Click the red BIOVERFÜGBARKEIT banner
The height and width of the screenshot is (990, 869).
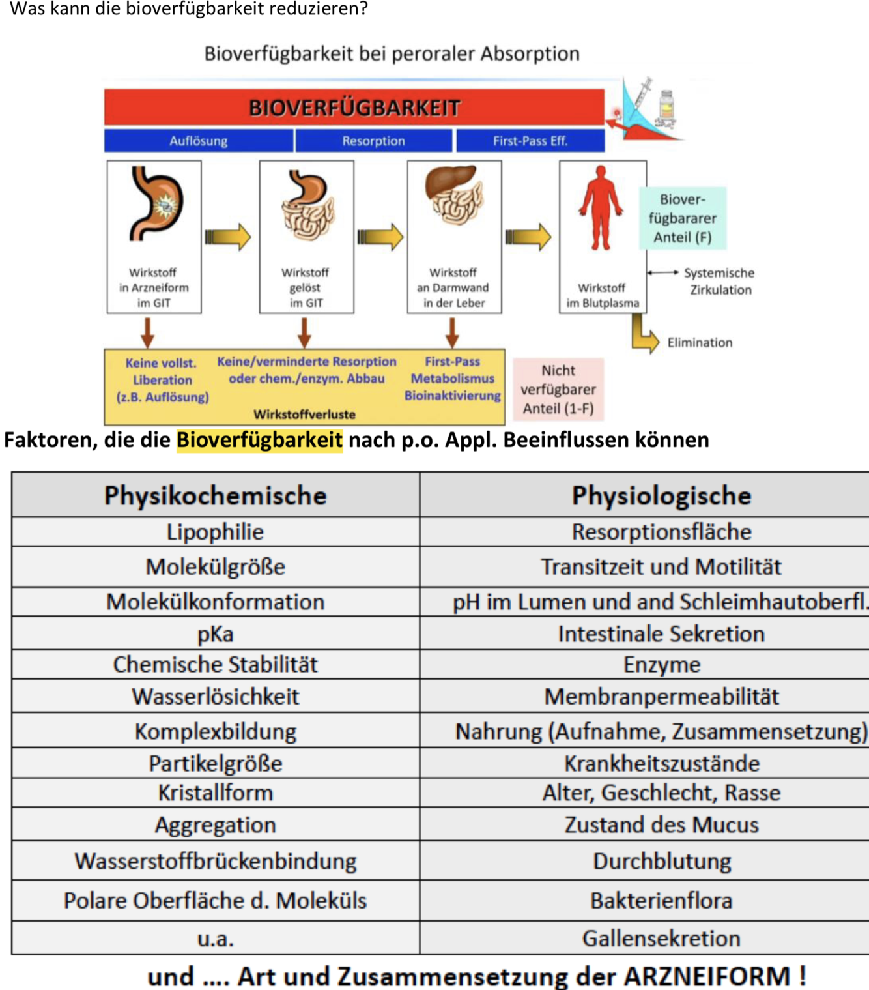coord(354,107)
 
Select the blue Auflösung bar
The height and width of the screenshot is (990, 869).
coord(198,141)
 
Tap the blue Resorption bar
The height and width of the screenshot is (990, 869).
coord(373,141)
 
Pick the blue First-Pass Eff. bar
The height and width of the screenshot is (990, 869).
coord(530,141)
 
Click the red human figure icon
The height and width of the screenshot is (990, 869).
coord(601,207)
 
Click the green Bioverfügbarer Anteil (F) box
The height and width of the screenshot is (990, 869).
coord(682,218)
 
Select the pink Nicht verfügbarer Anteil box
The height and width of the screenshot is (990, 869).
coord(558,389)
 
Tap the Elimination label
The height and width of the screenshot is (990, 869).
coord(699,343)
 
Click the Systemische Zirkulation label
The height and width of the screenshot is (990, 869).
coord(719,282)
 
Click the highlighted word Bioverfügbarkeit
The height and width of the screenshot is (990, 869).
coord(259,440)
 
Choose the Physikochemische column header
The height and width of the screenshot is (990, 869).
coord(215,496)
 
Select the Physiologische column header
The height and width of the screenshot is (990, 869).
coord(661,496)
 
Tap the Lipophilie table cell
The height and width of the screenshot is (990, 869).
coord(215,532)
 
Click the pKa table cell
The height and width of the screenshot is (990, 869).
coord(215,634)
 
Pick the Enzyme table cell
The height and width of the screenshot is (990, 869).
coord(661,665)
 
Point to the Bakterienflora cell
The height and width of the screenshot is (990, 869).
coord(661,901)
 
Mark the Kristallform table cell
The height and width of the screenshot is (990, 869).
coord(215,793)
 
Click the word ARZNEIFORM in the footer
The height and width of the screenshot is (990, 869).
coord(706,976)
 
